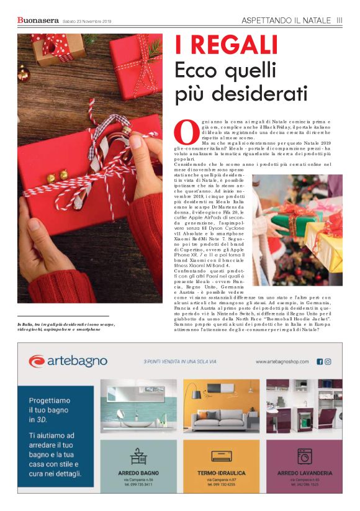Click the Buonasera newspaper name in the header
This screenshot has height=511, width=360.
click(38, 20)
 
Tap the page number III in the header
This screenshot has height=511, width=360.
click(340, 20)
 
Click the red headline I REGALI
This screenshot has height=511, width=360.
click(226, 46)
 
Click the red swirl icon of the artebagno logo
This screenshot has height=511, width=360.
click(37, 361)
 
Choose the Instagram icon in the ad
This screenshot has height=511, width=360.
click(328, 361)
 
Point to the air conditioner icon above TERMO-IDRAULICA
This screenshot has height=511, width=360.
click(221, 457)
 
